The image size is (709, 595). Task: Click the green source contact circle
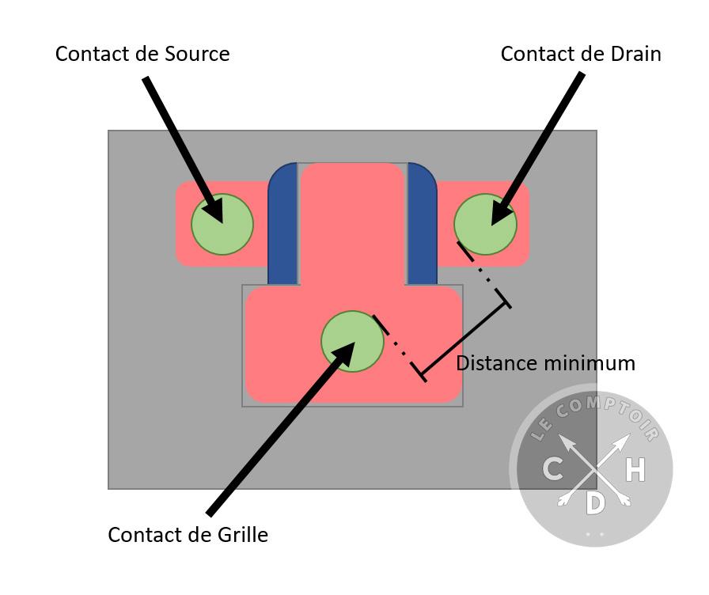coord(222,224)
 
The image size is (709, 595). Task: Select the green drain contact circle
coord(485,224)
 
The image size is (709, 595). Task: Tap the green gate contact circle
coord(352,342)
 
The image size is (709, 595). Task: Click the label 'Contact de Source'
coord(142,54)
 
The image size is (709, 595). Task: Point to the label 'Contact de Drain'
coord(581,54)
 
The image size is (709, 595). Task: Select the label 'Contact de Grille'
coord(188,535)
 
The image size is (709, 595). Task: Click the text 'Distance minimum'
coord(545,363)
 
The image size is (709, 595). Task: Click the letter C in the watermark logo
coord(553,469)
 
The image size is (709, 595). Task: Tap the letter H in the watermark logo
coord(635,470)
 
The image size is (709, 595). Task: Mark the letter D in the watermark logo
coord(595,502)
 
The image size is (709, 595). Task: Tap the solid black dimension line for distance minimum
coord(465,338)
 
